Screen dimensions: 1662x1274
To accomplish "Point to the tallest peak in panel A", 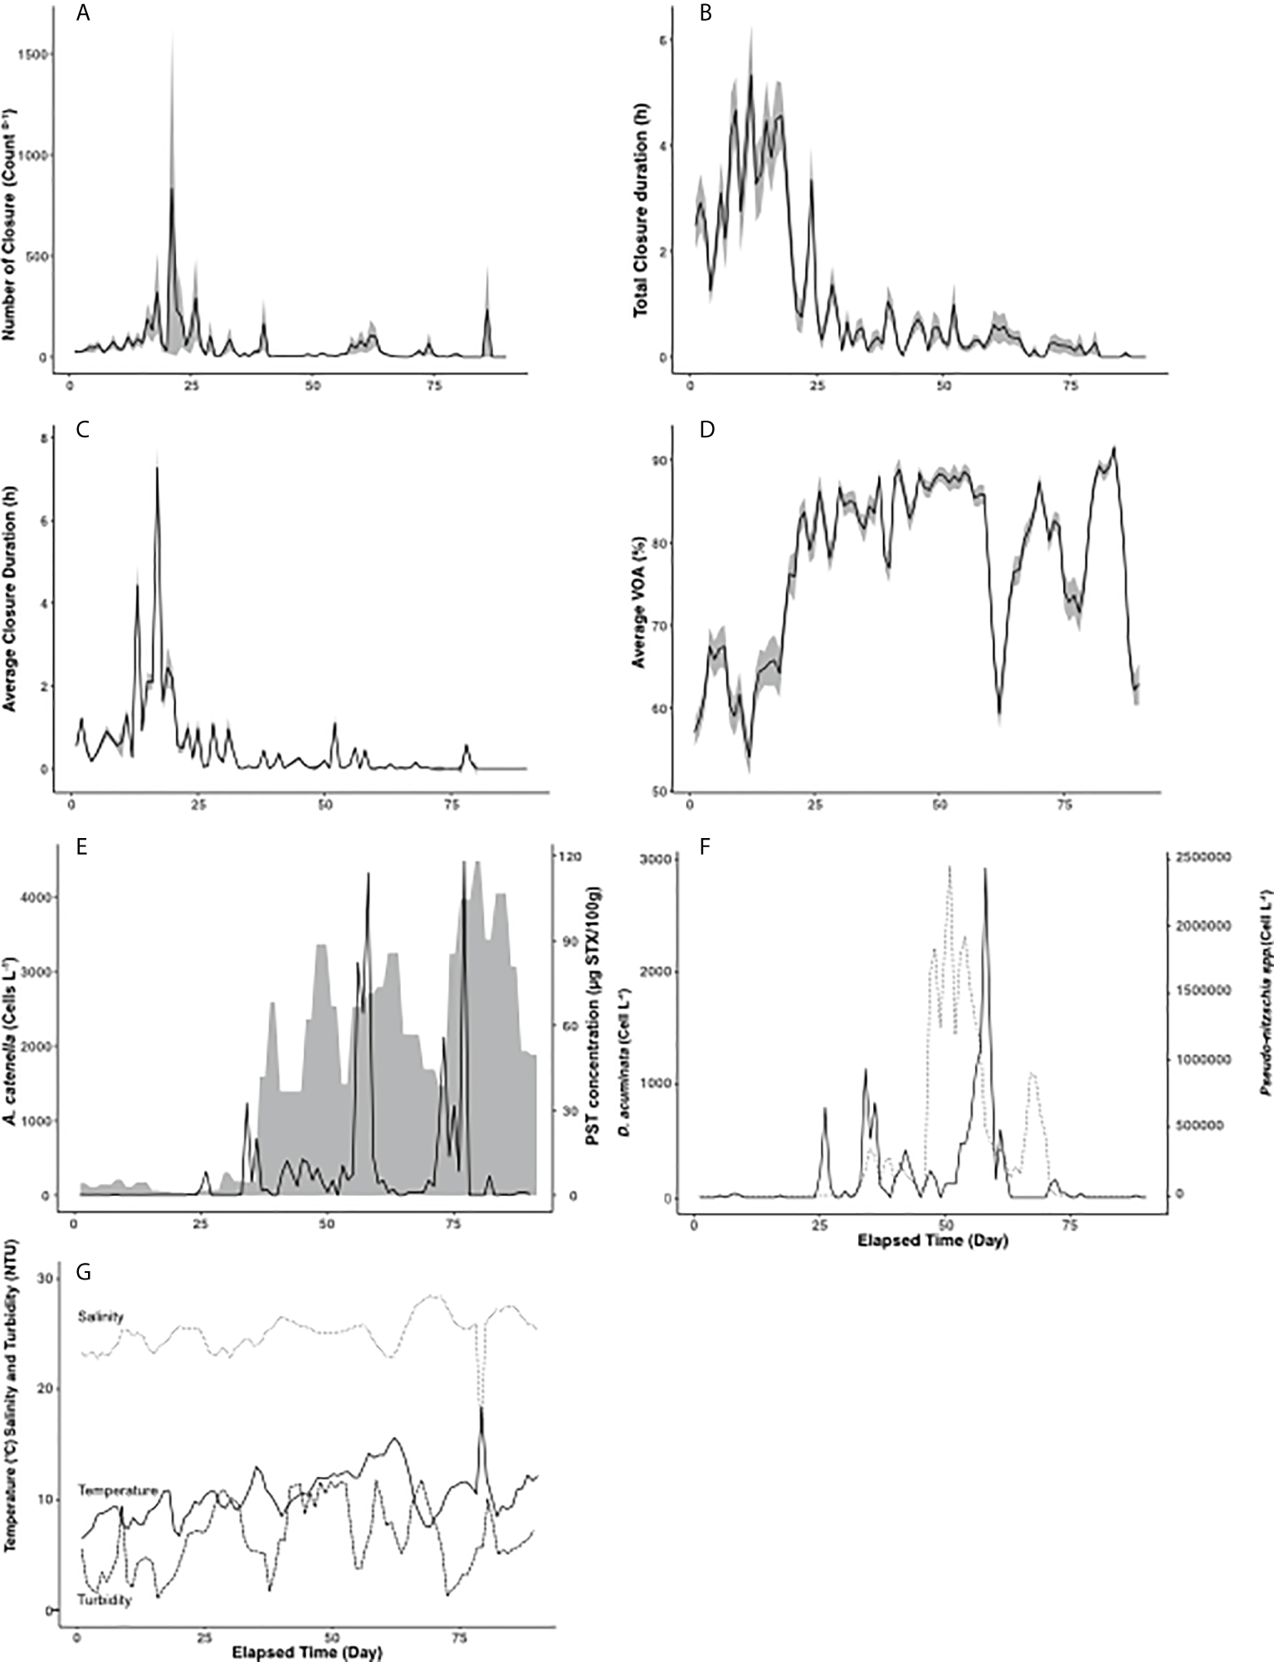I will pos(172,189).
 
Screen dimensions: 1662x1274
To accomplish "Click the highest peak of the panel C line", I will pos(156,469).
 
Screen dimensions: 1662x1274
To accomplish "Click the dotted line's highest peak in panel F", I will pos(949,868).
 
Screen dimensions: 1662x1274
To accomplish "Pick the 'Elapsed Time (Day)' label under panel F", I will pos(932,1241).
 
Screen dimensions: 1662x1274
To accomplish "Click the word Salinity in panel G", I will pos(101,1316).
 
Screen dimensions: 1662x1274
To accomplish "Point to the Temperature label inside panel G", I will pos(118,1490).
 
